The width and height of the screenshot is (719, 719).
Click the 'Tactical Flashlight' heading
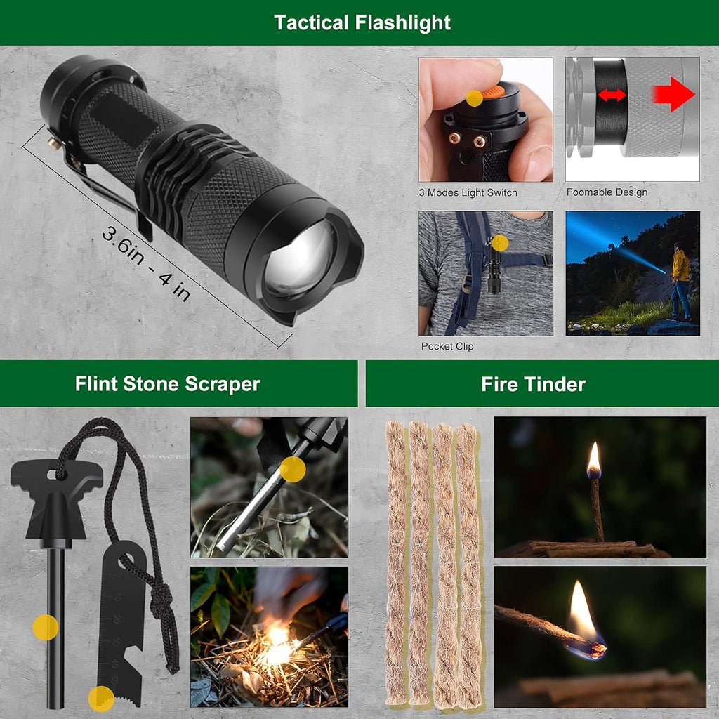tap(362, 23)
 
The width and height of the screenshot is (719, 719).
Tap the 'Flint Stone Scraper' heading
tap(167, 384)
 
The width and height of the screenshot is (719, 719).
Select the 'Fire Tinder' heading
tap(534, 384)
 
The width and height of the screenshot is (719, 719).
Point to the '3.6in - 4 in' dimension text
tap(146, 264)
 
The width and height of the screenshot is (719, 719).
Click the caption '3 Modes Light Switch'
tap(468, 192)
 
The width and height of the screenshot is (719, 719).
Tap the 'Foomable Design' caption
tap(607, 192)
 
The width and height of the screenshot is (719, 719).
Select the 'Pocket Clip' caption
tap(447, 346)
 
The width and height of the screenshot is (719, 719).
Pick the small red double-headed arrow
tap(612, 95)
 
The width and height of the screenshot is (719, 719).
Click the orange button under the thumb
tap(494, 91)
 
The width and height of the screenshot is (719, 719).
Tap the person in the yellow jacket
tap(681, 281)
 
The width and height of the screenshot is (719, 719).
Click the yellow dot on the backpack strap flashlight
tap(500, 243)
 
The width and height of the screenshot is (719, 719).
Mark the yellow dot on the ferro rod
tap(46, 627)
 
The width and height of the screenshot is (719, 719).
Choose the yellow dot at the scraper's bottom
tap(101, 699)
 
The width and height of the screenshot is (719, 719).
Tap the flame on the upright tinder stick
tap(594, 459)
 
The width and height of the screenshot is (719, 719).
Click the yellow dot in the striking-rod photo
tap(293, 469)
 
